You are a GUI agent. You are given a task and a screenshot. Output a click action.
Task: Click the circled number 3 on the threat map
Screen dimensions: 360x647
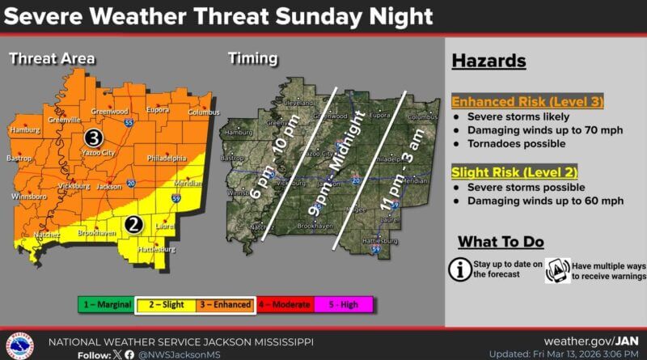tap(93, 138)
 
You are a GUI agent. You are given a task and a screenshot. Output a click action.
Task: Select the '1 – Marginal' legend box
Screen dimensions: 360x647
tap(106, 304)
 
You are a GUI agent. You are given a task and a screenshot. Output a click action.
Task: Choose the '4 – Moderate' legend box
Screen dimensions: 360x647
tap(284, 304)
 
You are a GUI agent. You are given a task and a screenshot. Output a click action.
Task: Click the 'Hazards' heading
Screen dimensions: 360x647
tap(488, 61)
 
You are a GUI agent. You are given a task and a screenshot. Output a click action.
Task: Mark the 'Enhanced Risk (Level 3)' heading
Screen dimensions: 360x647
tap(515, 103)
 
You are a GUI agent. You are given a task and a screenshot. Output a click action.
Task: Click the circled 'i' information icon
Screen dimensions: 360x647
tap(460, 269)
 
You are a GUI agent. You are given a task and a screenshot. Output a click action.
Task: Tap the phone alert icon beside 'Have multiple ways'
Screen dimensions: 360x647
tap(557, 269)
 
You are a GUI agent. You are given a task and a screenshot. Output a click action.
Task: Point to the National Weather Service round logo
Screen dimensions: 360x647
tap(20, 343)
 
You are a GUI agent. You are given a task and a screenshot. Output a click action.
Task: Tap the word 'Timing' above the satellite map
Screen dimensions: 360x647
tap(253, 58)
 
